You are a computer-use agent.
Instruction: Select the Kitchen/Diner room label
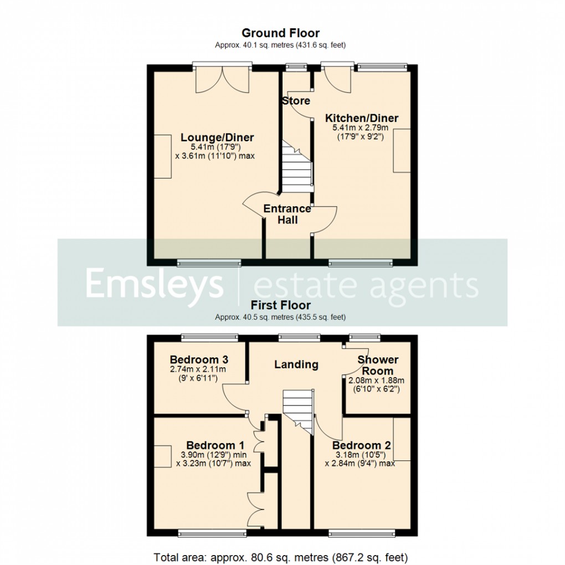(x=361, y=118)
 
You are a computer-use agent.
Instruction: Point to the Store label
(x=296, y=101)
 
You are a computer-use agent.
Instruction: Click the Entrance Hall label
(x=287, y=214)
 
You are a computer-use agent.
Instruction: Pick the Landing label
(x=297, y=364)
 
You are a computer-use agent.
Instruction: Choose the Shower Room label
(x=378, y=365)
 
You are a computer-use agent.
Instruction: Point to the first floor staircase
(x=298, y=408)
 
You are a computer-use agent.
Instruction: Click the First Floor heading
(x=280, y=305)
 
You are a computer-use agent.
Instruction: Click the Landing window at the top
(x=299, y=336)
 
